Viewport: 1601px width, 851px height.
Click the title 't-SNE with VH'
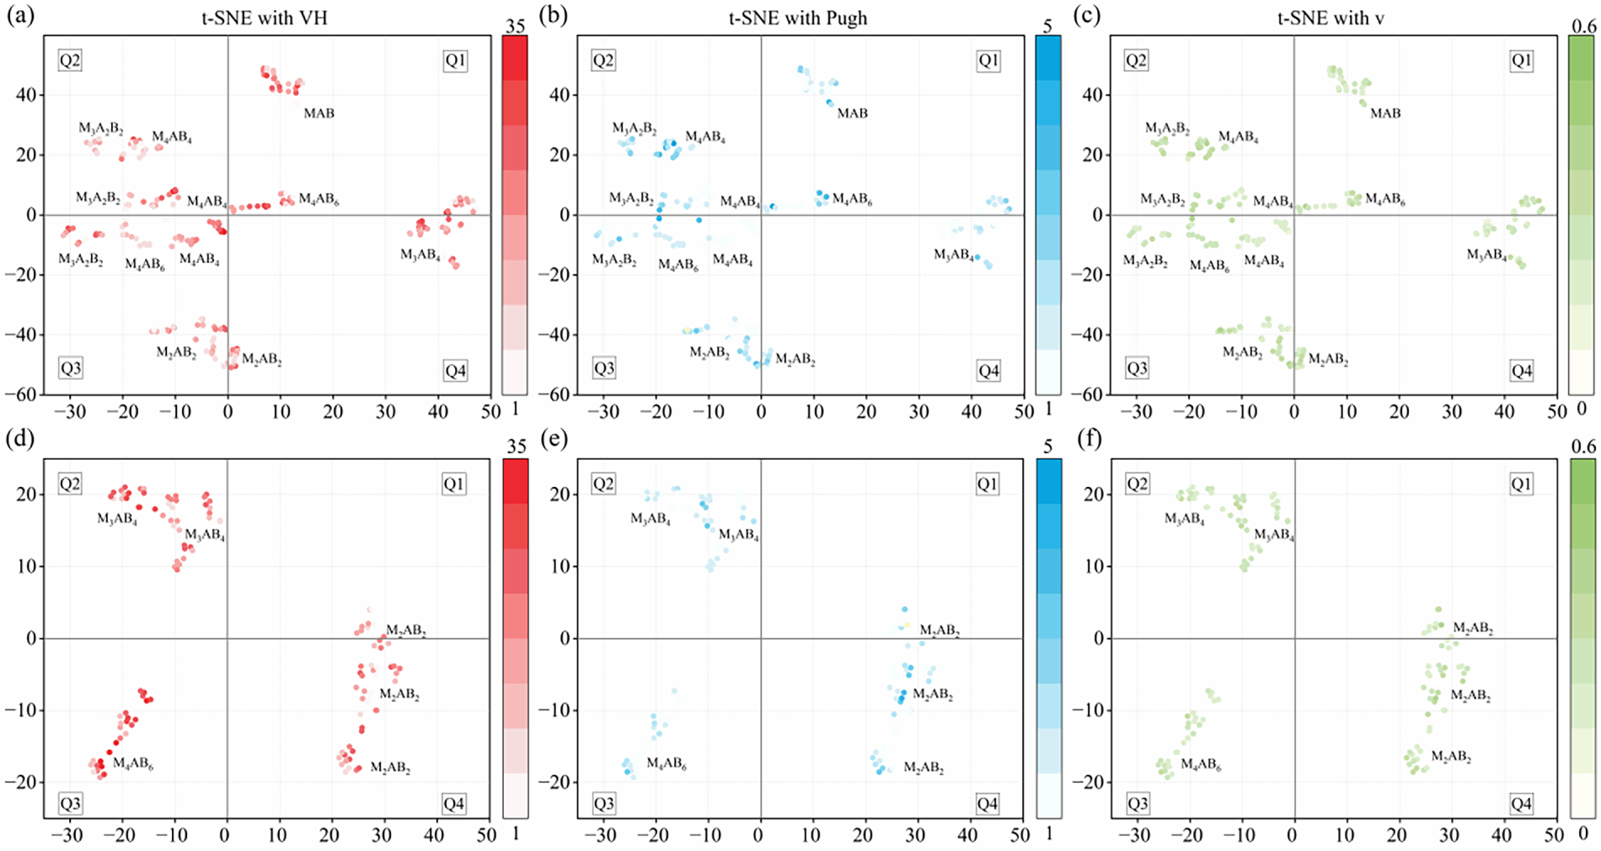(x=264, y=18)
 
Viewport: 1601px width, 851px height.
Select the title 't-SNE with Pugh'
(x=797, y=18)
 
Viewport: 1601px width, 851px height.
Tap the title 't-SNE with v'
(x=1331, y=18)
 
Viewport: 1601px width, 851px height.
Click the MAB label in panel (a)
(x=319, y=113)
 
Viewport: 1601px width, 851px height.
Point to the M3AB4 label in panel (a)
(x=420, y=254)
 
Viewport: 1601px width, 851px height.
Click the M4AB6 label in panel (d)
(x=133, y=763)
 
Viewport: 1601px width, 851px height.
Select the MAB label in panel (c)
(x=1385, y=113)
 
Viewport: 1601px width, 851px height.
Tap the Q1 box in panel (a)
(x=455, y=61)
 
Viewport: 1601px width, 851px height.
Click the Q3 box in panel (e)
(x=603, y=804)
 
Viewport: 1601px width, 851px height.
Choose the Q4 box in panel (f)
(x=1521, y=804)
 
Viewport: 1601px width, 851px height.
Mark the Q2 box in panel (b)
(x=603, y=61)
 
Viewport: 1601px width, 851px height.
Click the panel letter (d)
(x=20, y=439)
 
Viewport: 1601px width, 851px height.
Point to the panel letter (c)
(x=1087, y=16)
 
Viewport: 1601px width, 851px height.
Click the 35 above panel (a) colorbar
(x=515, y=26)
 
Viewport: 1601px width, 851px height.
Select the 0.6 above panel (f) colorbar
(x=1583, y=447)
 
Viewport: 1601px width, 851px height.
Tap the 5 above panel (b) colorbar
(x=1047, y=26)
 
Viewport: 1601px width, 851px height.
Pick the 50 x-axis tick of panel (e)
(x=1020, y=836)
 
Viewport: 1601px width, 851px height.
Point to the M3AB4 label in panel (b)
(x=954, y=254)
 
